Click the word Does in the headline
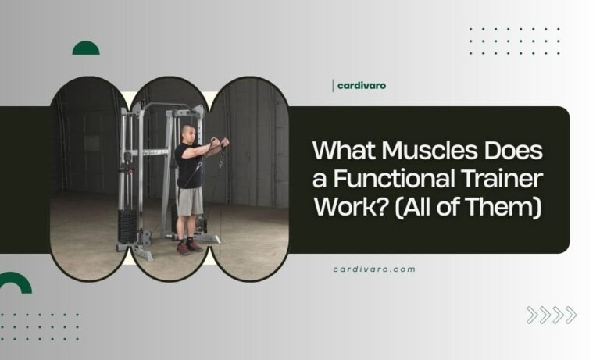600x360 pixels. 509,149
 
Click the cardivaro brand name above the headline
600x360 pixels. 362,85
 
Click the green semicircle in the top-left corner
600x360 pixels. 86,48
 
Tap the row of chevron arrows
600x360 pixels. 552,315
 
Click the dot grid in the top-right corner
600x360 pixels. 514,41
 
